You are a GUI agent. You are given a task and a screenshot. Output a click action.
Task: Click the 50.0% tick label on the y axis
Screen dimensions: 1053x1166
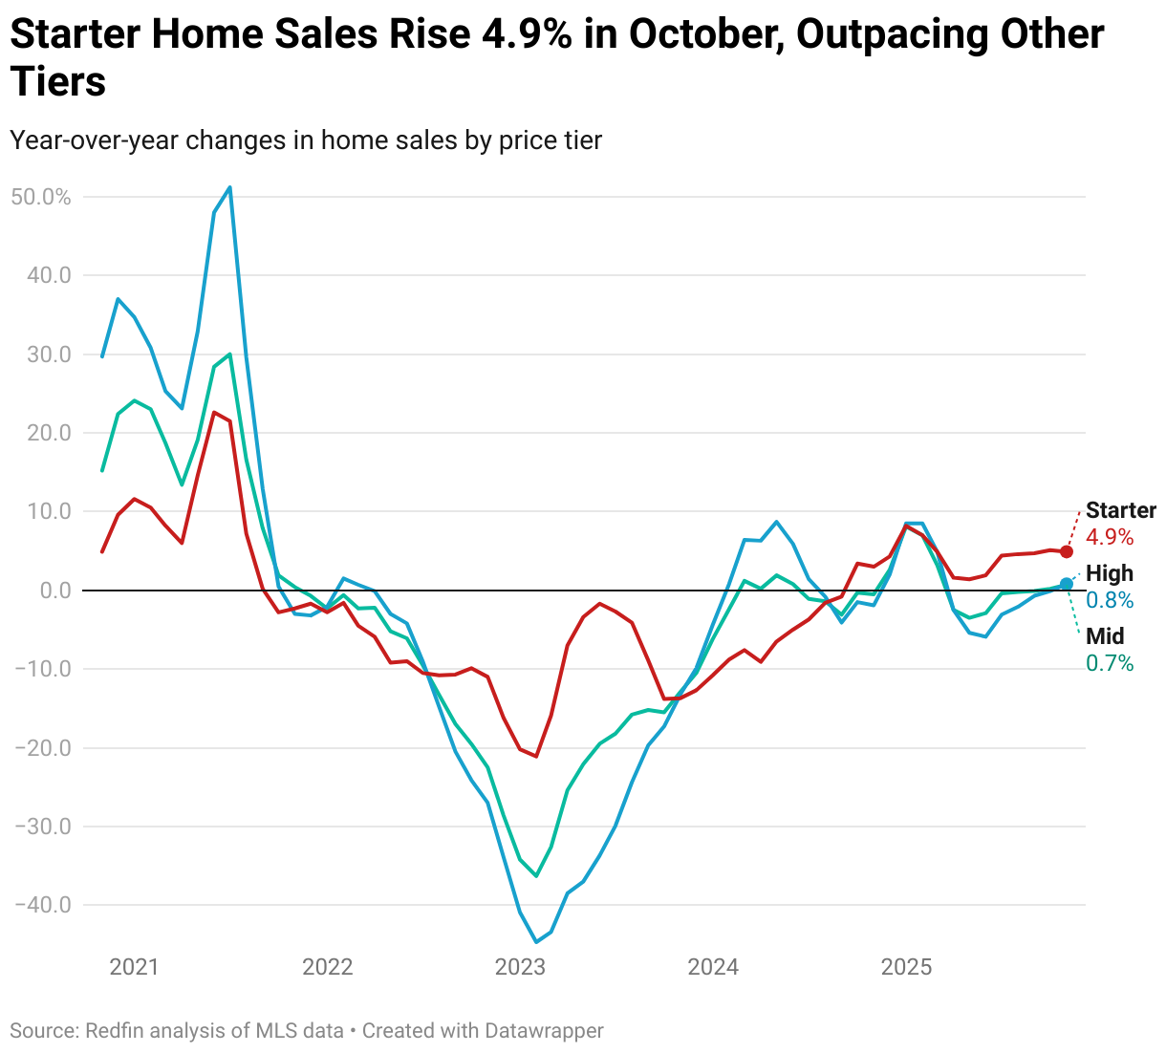pos(40,197)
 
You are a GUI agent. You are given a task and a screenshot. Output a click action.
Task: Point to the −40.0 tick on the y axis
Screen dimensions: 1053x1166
pos(43,905)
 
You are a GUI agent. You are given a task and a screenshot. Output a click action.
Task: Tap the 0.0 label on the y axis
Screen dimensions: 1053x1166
pos(55,591)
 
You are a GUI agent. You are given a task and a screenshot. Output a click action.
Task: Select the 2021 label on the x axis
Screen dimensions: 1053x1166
pos(134,967)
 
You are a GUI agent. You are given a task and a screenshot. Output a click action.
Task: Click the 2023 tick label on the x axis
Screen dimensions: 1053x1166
pos(520,967)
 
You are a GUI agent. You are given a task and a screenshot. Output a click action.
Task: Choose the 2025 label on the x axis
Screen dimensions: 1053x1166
pos(906,967)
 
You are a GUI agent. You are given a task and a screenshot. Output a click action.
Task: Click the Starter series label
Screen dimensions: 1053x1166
pos(1120,510)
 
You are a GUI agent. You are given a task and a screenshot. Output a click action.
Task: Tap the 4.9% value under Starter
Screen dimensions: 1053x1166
pos(1110,537)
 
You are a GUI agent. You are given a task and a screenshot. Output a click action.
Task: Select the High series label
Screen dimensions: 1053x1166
pos(1110,573)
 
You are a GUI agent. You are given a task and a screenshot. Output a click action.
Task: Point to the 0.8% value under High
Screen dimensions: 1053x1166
pos(1110,600)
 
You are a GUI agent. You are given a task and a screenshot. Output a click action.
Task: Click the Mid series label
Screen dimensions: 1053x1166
pos(1105,636)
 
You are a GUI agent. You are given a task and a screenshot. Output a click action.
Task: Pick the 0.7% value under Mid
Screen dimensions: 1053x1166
pos(1110,663)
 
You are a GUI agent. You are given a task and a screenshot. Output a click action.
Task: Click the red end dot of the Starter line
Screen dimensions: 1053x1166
pos(1067,551)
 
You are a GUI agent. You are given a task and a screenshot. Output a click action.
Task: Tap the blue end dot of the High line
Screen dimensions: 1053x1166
pos(1067,584)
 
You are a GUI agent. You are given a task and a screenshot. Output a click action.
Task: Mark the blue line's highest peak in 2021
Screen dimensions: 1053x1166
pos(230,187)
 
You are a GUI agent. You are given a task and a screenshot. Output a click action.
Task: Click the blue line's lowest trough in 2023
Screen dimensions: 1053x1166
pos(536,942)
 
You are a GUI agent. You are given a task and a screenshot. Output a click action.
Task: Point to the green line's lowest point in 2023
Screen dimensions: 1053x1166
pos(536,876)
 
